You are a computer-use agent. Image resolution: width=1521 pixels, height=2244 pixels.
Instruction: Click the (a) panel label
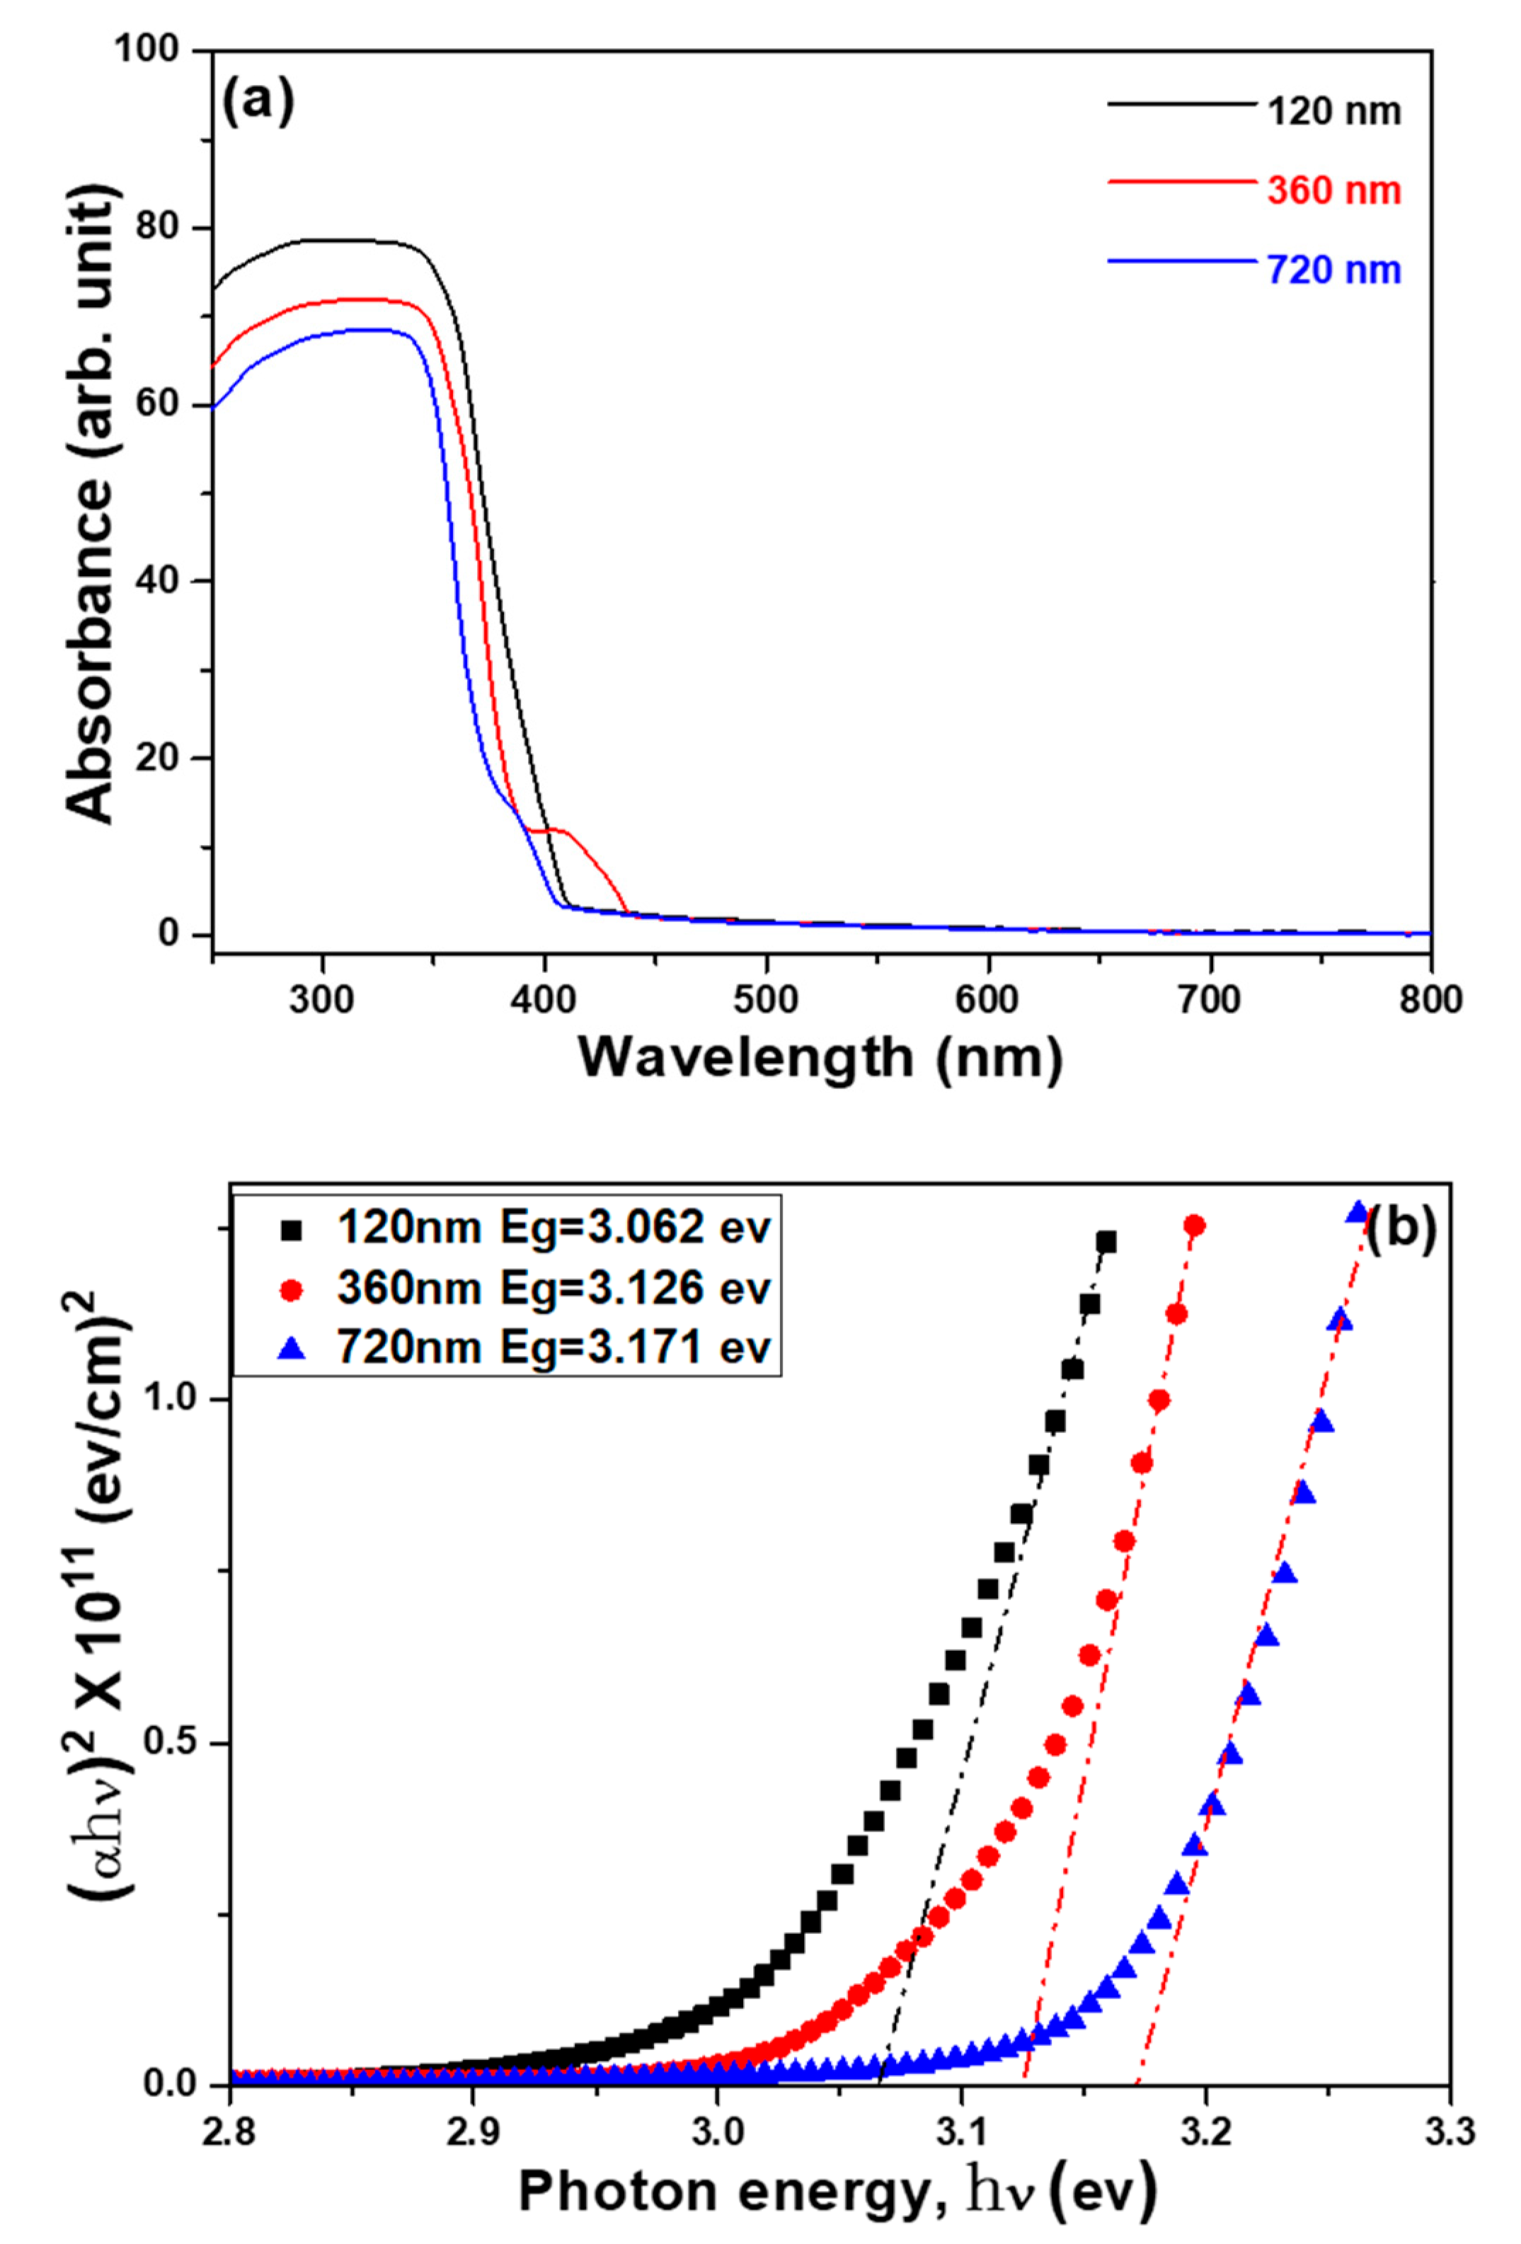pyautogui.click(x=258, y=104)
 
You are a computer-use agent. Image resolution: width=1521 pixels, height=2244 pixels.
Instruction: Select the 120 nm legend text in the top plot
pyautogui.click(x=1333, y=112)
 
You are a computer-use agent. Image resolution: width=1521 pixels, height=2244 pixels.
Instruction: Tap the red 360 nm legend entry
pyautogui.click(x=1333, y=191)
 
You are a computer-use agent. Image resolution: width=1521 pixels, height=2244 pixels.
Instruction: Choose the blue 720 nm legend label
pyautogui.click(x=1333, y=270)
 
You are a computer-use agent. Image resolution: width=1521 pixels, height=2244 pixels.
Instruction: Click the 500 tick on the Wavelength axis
pyautogui.click(x=767, y=1001)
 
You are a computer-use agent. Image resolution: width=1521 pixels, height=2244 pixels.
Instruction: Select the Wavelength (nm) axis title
pyautogui.click(x=821, y=1058)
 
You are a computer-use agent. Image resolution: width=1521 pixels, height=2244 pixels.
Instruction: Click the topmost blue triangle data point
pyautogui.click(x=1358, y=1213)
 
